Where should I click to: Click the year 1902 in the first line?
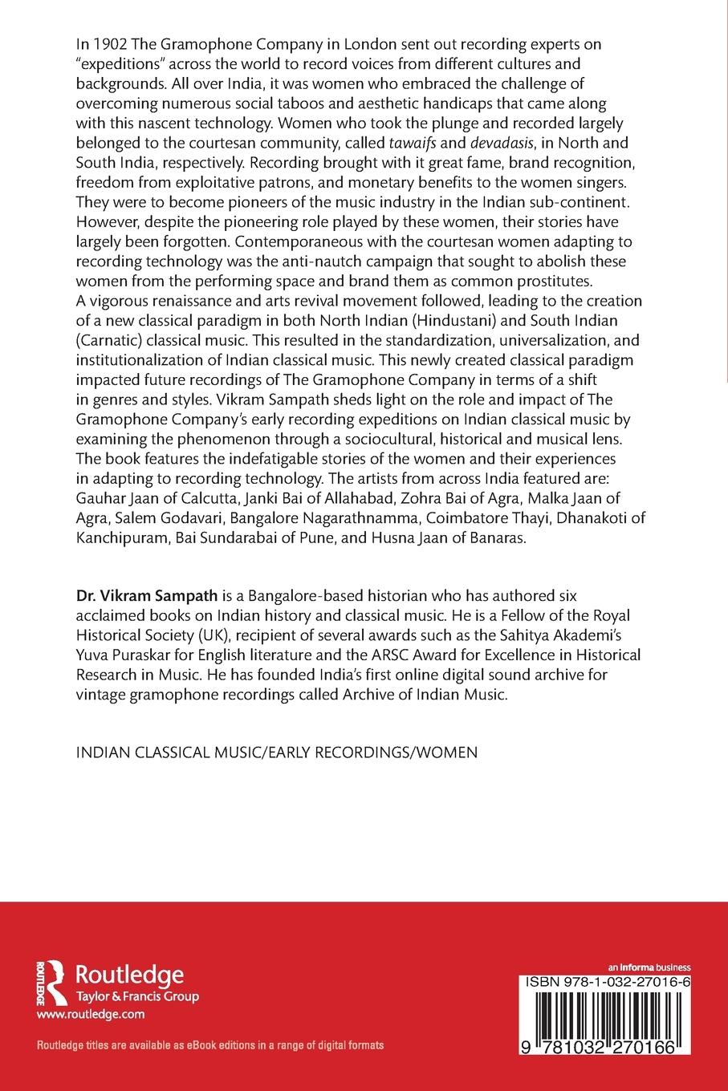[105, 44]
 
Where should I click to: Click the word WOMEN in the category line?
[451, 752]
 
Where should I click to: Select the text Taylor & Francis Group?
[136, 996]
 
